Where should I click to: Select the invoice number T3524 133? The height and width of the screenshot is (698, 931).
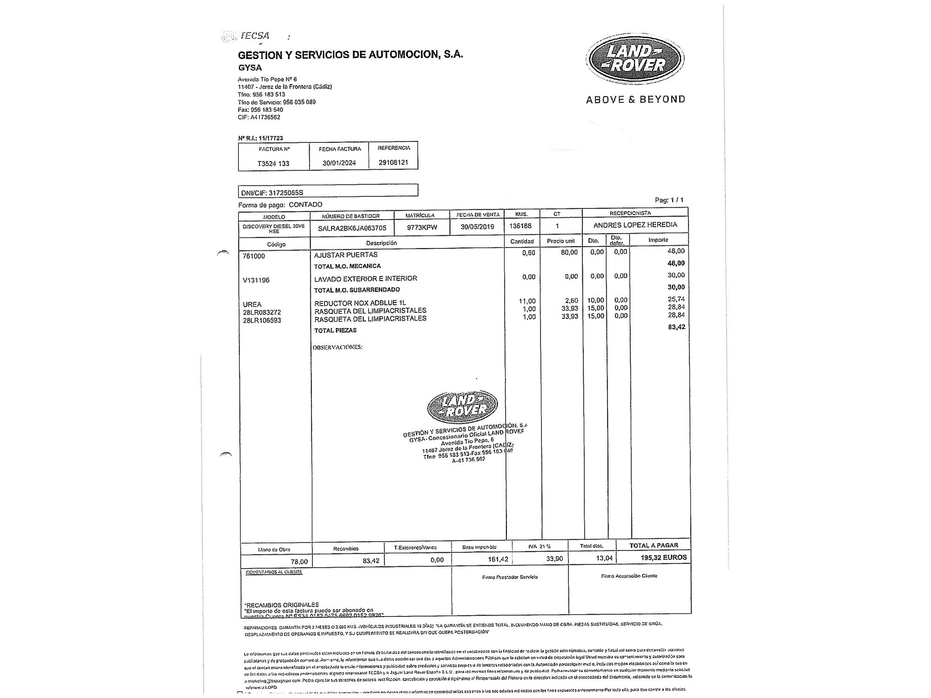273,163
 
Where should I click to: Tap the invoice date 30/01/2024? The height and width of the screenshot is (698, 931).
339,163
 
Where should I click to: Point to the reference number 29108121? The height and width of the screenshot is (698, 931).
393,162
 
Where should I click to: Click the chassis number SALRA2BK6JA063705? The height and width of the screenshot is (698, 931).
352,228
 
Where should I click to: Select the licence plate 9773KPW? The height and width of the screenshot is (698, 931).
422,228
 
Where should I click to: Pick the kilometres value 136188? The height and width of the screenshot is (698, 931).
521,226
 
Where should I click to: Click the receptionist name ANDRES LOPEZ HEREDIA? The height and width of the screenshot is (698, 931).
635,225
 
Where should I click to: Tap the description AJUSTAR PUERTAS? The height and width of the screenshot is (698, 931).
346,255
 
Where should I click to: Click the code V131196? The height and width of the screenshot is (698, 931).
256,280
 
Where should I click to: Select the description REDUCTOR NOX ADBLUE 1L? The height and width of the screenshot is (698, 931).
360,303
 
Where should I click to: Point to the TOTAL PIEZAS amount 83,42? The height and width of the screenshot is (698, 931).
676,327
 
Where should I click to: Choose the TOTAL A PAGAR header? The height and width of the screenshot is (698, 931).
654,545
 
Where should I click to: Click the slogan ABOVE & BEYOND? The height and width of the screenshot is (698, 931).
635,99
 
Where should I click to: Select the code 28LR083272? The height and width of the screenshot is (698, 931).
262,312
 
